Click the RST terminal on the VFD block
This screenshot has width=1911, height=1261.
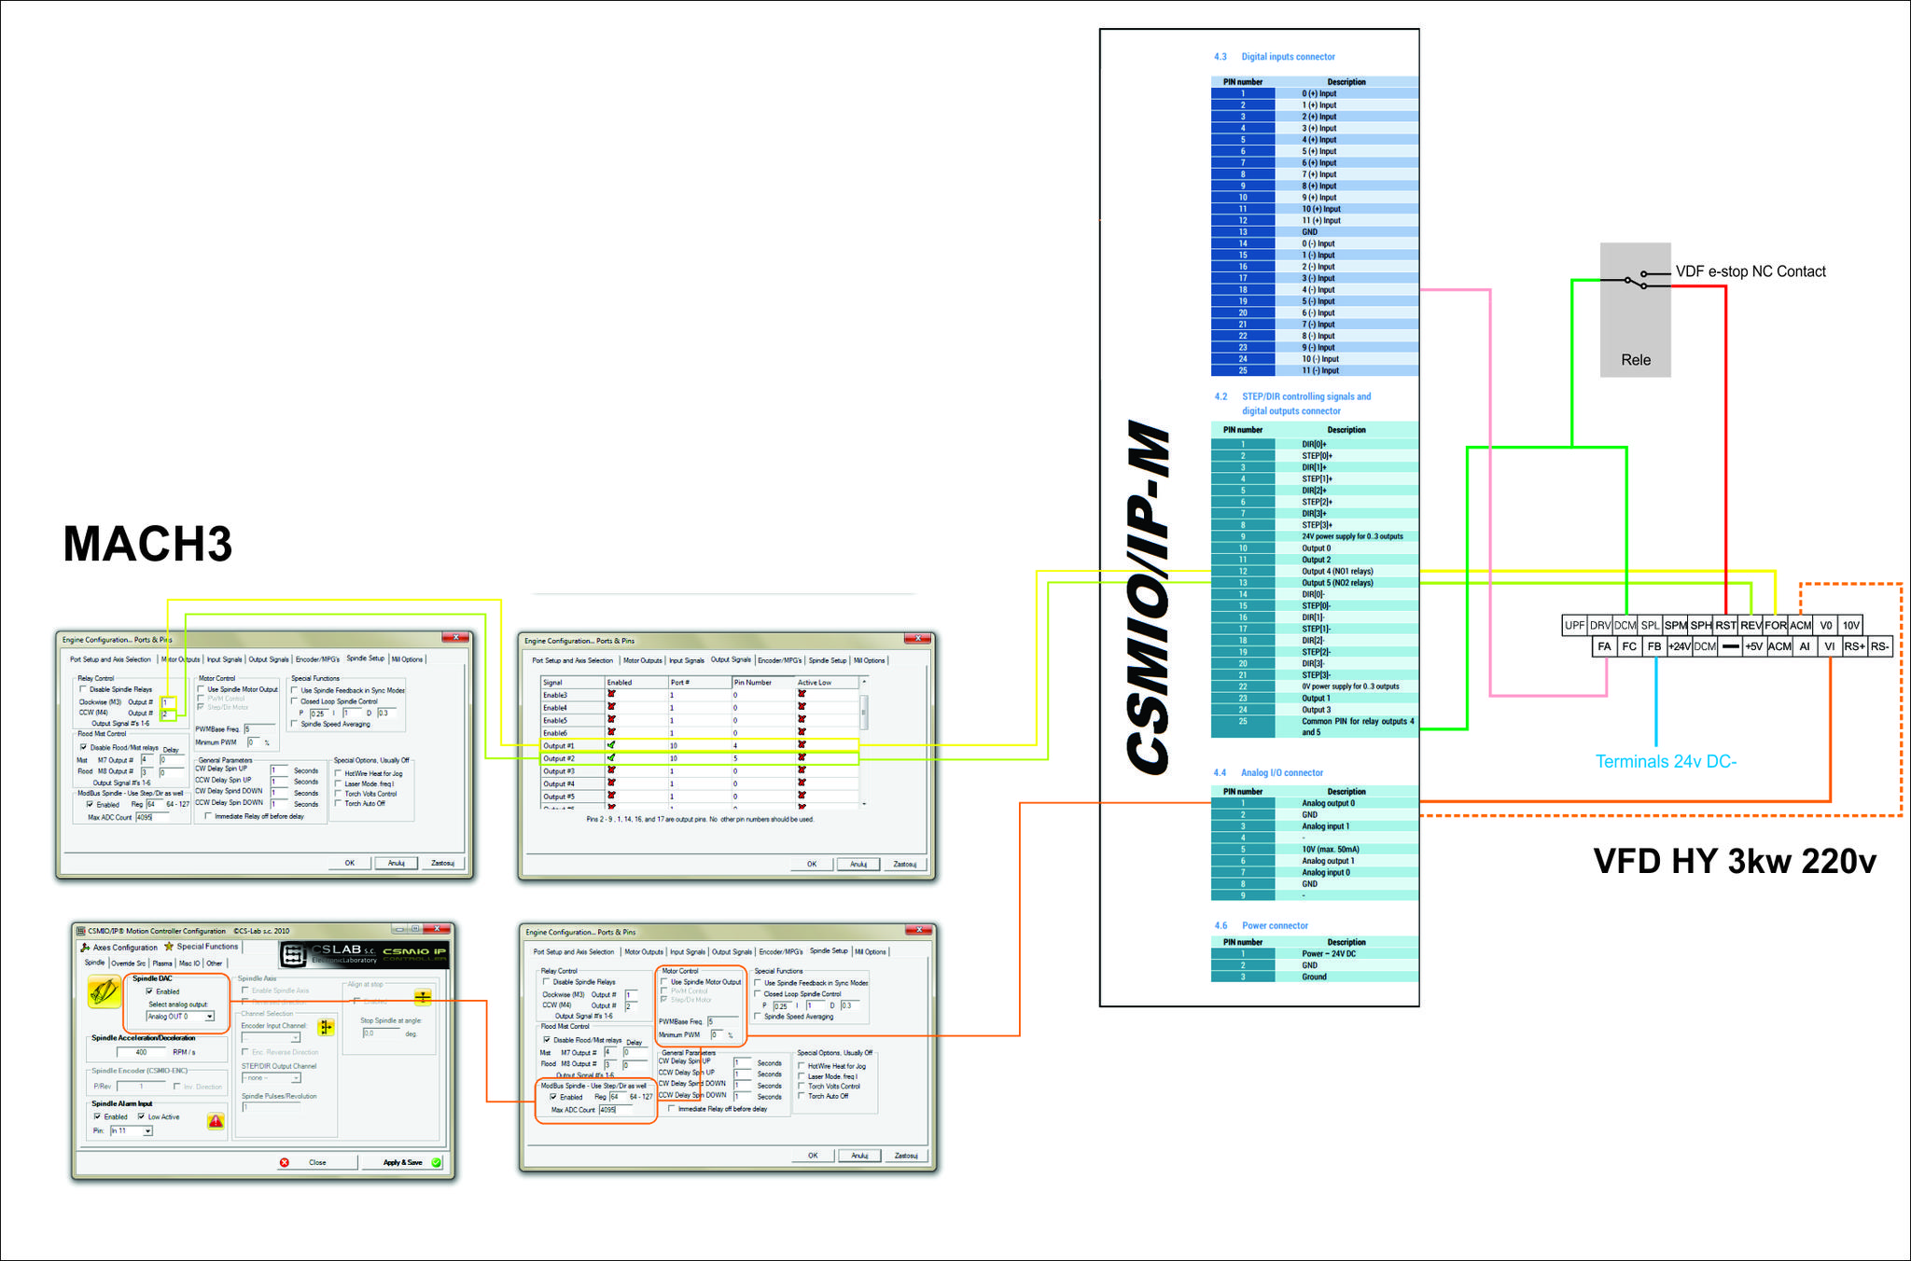(x=1725, y=626)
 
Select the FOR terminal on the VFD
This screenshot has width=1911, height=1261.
(x=1775, y=626)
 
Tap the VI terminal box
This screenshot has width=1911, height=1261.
(x=1829, y=646)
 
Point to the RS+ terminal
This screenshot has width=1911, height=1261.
(x=1854, y=646)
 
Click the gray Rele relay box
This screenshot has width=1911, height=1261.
(x=1635, y=311)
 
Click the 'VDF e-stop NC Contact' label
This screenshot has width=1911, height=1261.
(x=1751, y=271)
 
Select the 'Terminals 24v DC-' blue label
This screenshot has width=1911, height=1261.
(x=1666, y=762)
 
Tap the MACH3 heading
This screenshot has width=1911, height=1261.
(x=147, y=544)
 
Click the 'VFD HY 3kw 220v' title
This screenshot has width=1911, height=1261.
(x=1735, y=861)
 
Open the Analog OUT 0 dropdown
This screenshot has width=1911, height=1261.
(x=181, y=1017)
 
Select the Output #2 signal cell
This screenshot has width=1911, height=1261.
(x=560, y=758)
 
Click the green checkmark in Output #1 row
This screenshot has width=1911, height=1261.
(x=611, y=745)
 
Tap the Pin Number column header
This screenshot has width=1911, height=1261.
(x=752, y=683)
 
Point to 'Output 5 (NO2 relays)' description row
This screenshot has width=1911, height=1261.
(x=1337, y=583)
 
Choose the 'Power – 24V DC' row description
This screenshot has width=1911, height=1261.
(x=1329, y=954)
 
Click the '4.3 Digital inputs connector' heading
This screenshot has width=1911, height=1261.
(x=1275, y=57)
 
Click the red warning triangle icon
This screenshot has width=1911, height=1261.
(x=216, y=1121)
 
